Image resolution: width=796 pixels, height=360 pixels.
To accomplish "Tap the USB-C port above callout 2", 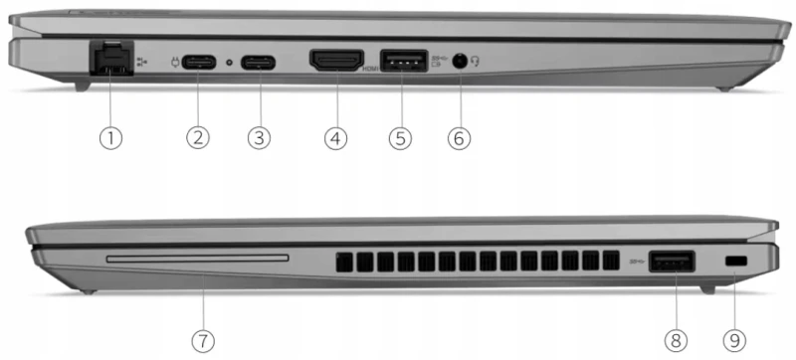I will coord(199,62).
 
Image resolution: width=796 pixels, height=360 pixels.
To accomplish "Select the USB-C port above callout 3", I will coord(261,62).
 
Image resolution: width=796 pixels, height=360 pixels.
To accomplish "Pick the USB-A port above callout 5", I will coord(403,61).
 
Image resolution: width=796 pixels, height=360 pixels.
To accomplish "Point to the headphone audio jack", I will coord(460,61).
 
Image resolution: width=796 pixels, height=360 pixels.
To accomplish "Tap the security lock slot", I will coord(734,261).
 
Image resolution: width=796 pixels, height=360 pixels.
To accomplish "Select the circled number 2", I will coord(198,137).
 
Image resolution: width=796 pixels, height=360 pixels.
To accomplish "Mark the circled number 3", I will coord(259,137).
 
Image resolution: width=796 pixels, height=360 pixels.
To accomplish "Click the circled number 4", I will coord(335,137).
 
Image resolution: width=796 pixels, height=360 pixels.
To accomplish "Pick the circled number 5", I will coord(400,137).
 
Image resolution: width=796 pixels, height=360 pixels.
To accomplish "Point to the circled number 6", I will coord(459,137).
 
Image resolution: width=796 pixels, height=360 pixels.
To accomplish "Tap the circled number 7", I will coord(202,339).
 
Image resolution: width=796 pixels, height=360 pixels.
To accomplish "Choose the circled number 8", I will coord(676,339).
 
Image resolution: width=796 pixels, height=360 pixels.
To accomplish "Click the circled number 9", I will coord(734,339).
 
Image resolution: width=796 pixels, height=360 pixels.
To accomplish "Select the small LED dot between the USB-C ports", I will coord(230,62).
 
